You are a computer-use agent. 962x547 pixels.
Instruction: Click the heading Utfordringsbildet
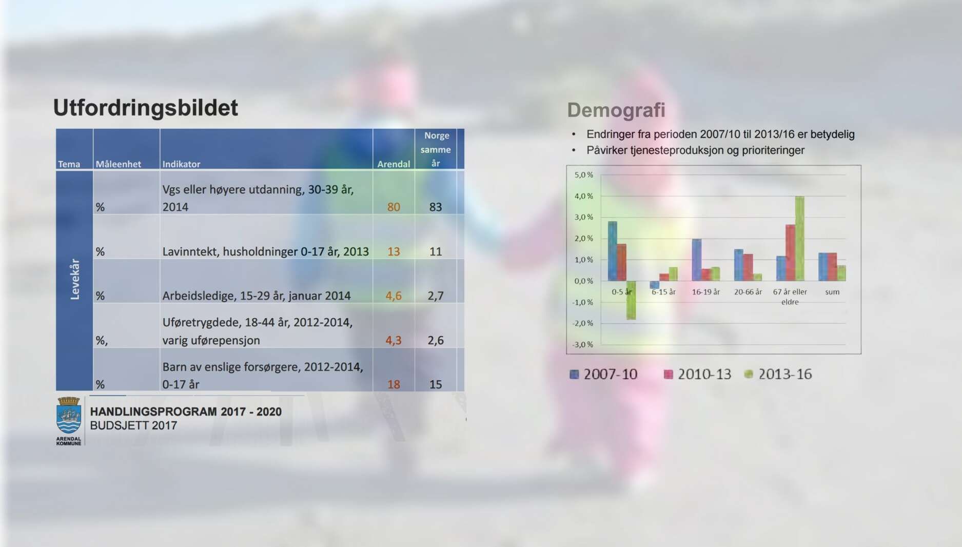pos(146,108)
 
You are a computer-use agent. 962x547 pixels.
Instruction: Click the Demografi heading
pos(616,110)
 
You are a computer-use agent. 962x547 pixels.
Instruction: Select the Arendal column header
pos(394,164)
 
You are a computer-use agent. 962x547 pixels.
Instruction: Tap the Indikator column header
pos(181,164)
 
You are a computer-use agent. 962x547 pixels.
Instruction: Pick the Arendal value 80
pos(394,207)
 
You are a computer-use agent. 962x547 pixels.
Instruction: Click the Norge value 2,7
pos(436,296)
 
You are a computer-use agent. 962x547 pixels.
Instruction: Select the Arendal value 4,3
pos(394,340)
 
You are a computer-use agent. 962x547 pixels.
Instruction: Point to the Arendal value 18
pos(394,384)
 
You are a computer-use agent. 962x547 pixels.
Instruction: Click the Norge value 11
pos(436,251)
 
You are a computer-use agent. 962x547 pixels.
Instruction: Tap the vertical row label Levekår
pos(75,279)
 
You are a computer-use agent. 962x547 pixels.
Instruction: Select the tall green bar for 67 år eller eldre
pos(799,239)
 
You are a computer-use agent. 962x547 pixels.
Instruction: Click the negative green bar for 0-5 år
pos(631,300)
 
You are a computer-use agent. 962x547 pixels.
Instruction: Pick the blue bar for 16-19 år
pos(697,260)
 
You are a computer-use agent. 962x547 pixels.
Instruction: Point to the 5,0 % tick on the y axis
pos(583,175)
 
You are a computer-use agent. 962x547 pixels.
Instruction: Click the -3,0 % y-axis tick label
pos(582,344)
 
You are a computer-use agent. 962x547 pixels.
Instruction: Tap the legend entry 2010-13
pos(697,374)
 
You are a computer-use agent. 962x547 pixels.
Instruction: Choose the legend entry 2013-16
pos(778,374)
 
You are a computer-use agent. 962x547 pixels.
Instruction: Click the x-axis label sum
pos(832,292)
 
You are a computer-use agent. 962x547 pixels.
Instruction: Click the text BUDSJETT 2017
pos(133,425)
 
